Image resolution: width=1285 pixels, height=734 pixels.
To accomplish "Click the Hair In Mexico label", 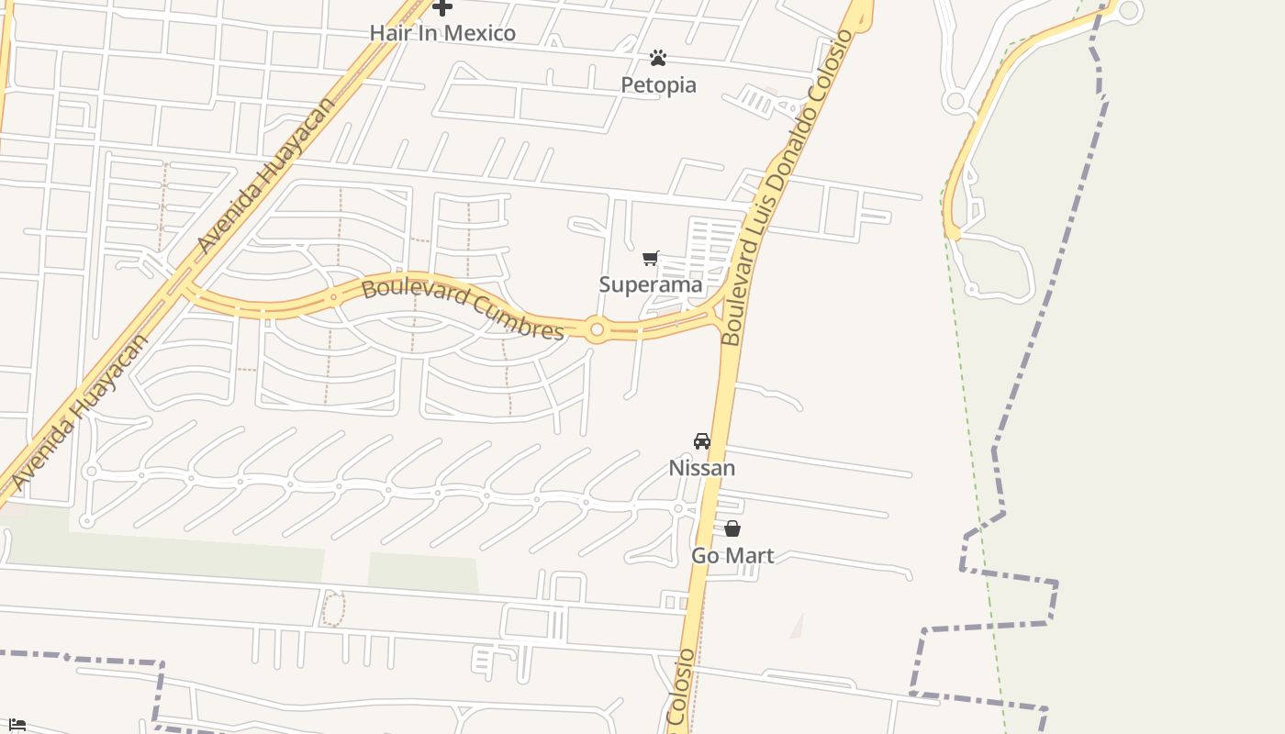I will pyautogui.click(x=442, y=33).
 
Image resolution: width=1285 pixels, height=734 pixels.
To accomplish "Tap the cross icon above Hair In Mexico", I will pyautogui.click(x=442, y=7).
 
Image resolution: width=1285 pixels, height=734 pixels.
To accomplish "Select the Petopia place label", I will pyautogui.click(x=658, y=85).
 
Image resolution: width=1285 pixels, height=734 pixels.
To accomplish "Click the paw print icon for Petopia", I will pyautogui.click(x=657, y=59).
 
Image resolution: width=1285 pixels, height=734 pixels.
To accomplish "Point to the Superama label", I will pyautogui.click(x=650, y=284).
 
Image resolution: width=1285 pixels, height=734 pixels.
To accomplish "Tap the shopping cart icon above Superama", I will pyautogui.click(x=651, y=259).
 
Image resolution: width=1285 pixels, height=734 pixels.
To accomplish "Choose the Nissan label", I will pyautogui.click(x=701, y=468).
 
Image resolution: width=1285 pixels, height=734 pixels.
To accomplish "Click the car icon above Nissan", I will pyautogui.click(x=702, y=441).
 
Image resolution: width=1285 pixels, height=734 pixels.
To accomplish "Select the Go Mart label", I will pyautogui.click(x=732, y=556).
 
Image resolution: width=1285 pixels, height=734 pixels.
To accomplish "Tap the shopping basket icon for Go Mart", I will pyautogui.click(x=732, y=529).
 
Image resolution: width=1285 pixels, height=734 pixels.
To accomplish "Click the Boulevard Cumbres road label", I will pyautogui.click(x=463, y=309).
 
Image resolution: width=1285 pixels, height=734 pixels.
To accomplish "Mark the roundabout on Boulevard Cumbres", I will pyautogui.click(x=597, y=329).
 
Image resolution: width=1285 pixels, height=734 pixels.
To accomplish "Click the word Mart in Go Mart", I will pyautogui.click(x=753, y=556).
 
